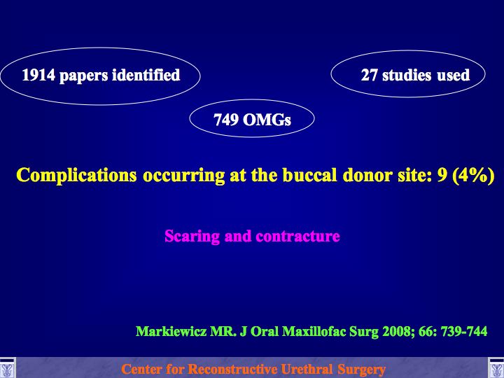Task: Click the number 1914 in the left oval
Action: pyautogui.click(x=38, y=75)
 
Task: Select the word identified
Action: pyautogui.click(x=146, y=75)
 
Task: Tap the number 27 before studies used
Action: pyautogui.click(x=369, y=75)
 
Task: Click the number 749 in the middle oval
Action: pyautogui.click(x=226, y=120)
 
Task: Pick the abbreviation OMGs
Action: pyautogui.click(x=267, y=120)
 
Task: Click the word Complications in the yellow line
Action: pyautogui.click(x=76, y=176)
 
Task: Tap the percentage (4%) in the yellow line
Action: pyautogui.click(x=473, y=176)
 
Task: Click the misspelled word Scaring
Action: pyautogui.click(x=192, y=237)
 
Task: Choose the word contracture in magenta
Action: pyautogui.click(x=297, y=237)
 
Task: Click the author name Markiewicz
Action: pyautogui.click(x=171, y=331)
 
